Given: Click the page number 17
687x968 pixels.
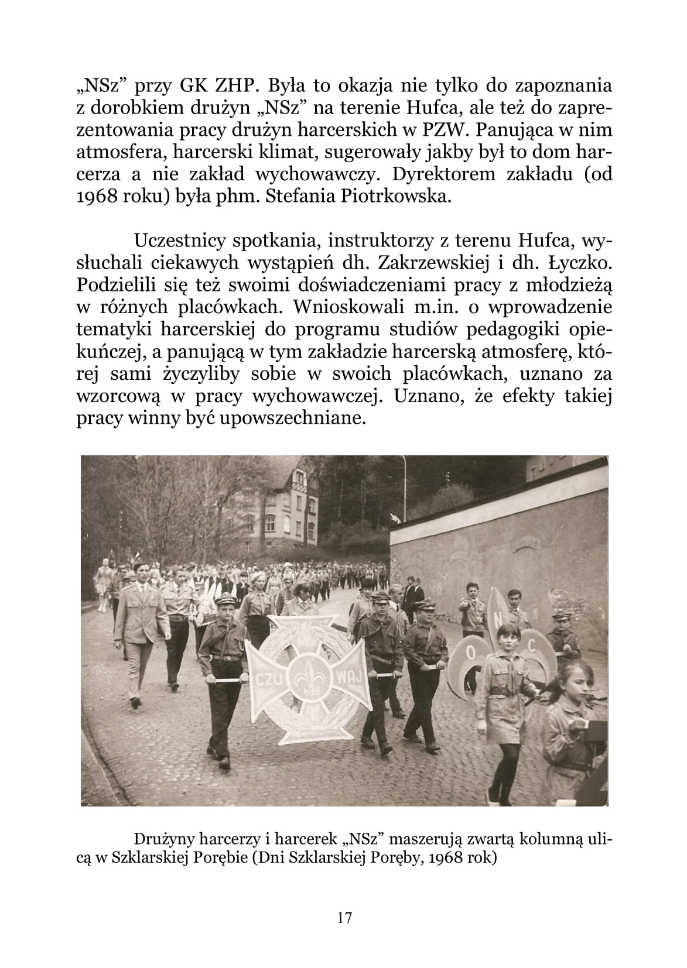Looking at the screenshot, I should (344, 917).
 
